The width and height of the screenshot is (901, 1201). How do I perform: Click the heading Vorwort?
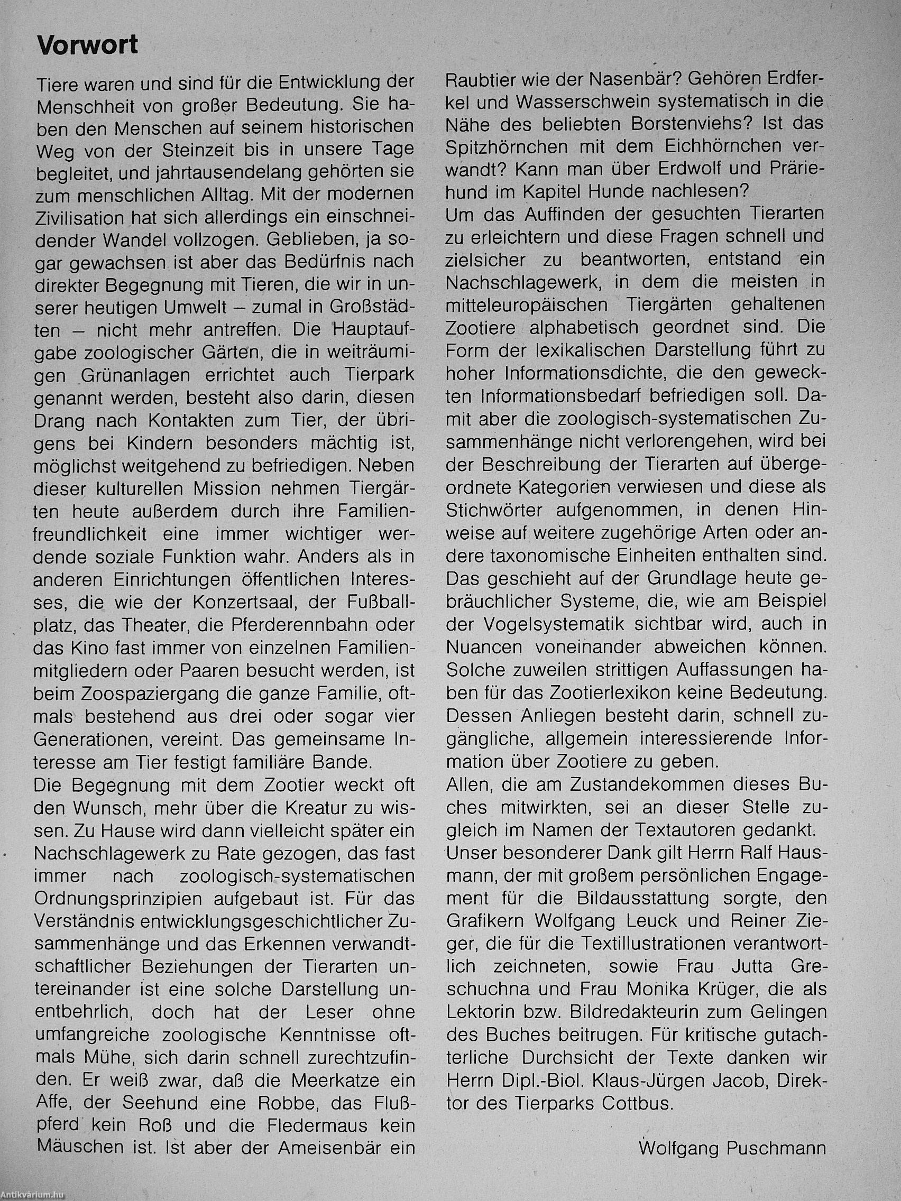point(87,45)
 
